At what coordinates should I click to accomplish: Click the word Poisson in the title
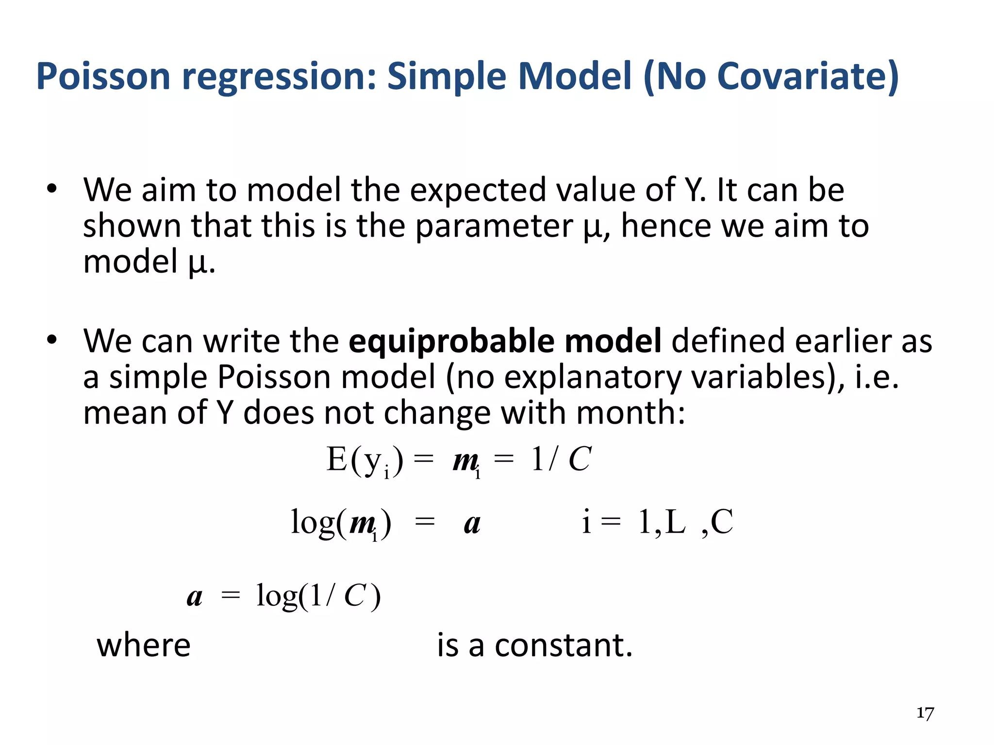103,76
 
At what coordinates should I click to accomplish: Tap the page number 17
925,713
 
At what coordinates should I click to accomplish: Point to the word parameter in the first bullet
494,226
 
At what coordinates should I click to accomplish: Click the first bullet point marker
52,189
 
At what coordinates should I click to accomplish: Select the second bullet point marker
52,340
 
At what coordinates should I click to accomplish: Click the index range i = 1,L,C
657,522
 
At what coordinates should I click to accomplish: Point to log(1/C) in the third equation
318,596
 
